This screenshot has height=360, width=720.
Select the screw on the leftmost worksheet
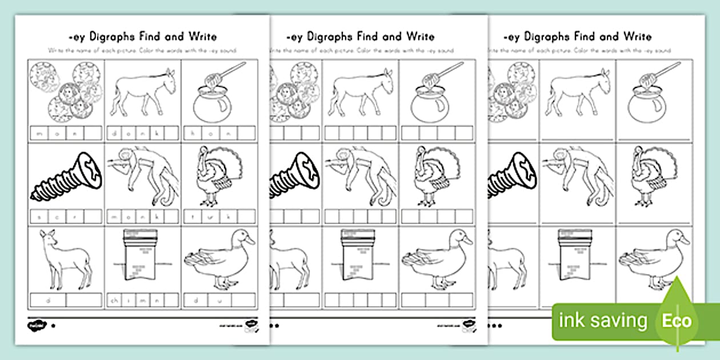[x=65, y=177]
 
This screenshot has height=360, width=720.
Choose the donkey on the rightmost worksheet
[x=577, y=91]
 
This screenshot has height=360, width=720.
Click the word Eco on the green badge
[x=677, y=320]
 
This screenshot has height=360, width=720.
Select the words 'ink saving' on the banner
[x=603, y=321]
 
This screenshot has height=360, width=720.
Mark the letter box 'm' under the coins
[x=38, y=133]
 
